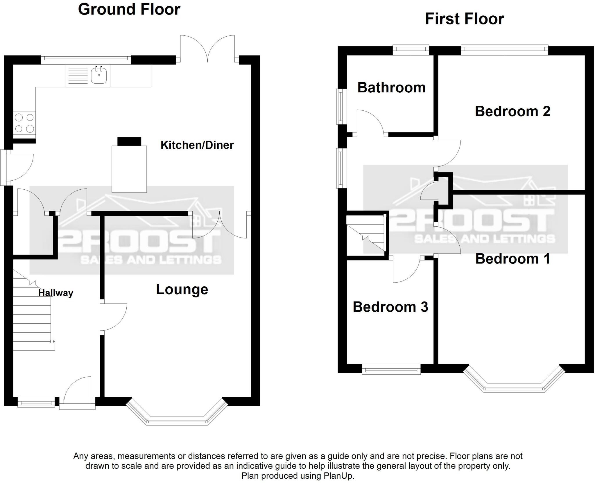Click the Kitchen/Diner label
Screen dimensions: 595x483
tap(197, 145)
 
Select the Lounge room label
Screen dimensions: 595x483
tap(182, 289)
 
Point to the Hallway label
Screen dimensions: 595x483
tap(55, 293)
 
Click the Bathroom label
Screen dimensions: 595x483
tap(391, 87)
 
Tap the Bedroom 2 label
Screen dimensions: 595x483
tap(512, 111)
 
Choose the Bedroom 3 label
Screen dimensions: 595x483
tap(390, 307)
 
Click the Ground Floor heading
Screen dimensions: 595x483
tap(129, 9)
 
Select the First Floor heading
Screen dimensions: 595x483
tap(464, 19)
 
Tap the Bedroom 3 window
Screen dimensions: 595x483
tap(391, 370)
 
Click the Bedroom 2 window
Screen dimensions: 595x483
tap(505, 50)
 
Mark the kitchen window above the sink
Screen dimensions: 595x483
tap(86, 59)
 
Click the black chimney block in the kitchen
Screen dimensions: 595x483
tap(129, 141)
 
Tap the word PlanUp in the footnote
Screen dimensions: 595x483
tap(339, 476)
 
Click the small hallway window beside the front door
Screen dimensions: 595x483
tap(36, 403)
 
